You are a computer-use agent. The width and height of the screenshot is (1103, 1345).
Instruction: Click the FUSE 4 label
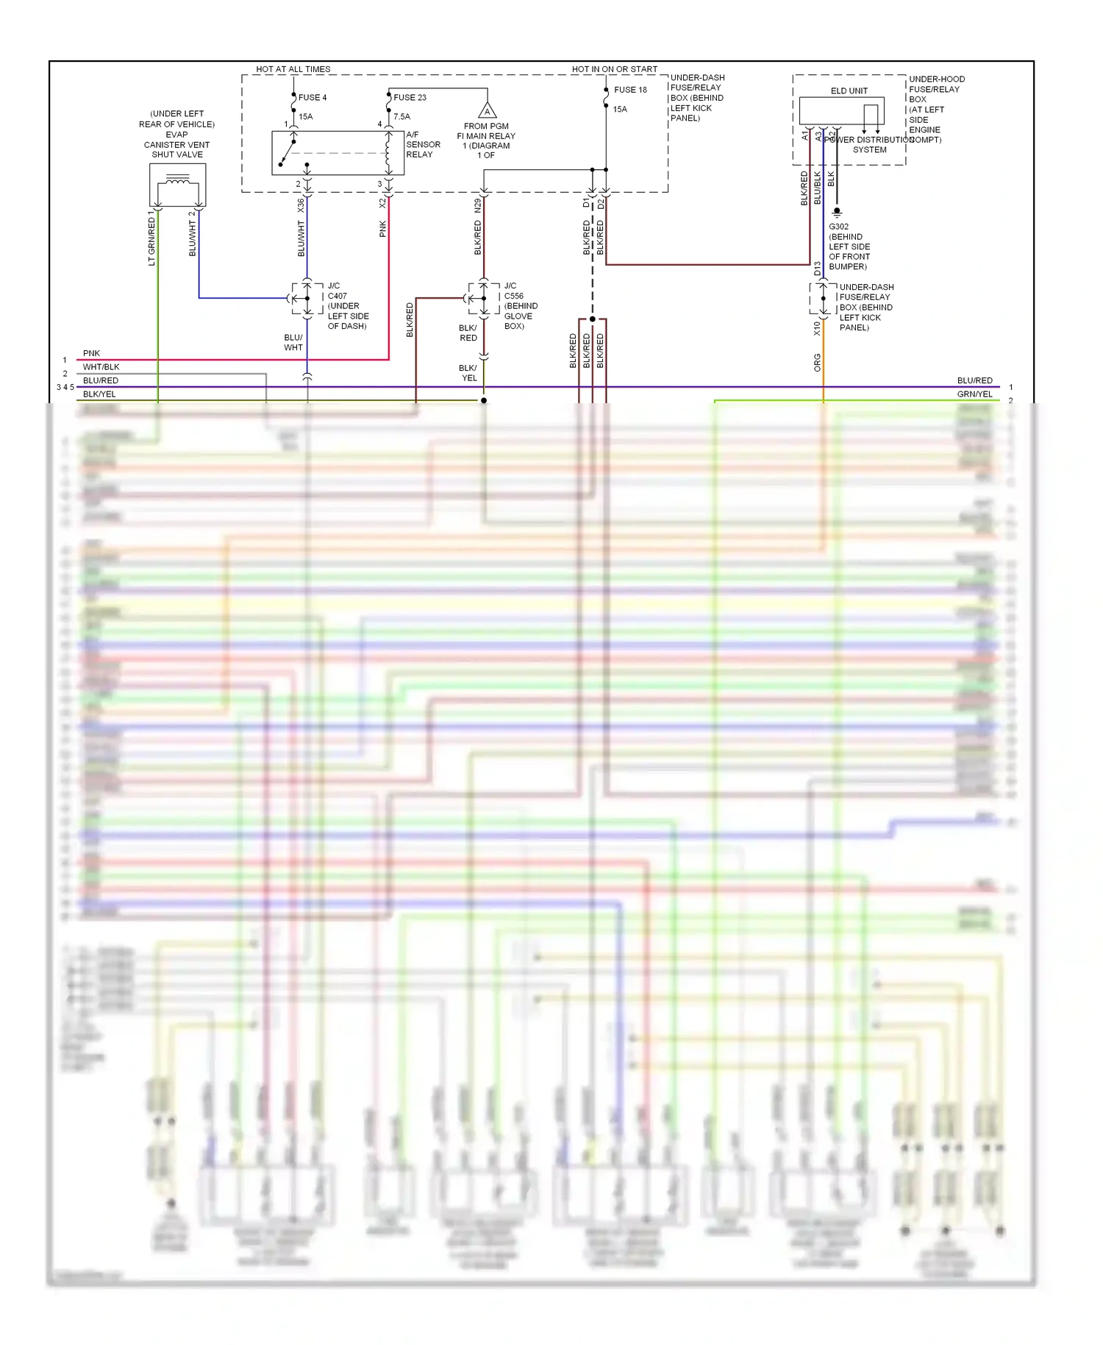pyautogui.click(x=312, y=97)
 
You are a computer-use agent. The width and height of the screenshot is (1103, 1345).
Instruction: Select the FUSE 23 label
pyautogui.click(x=410, y=97)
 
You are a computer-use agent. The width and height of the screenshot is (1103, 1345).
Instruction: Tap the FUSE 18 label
pyautogui.click(x=630, y=90)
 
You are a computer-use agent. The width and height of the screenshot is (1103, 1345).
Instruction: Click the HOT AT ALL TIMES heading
pyautogui.click(x=293, y=69)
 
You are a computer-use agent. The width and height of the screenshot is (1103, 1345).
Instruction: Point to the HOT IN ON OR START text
pyautogui.click(x=614, y=69)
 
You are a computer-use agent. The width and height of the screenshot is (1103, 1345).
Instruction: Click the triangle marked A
pyautogui.click(x=487, y=112)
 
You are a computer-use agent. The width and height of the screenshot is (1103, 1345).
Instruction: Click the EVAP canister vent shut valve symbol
pyautogui.click(x=177, y=185)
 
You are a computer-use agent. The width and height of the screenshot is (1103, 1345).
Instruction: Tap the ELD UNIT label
pyautogui.click(x=849, y=91)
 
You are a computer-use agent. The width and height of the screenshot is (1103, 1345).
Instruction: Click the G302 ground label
pyautogui.click(x=838, y=227)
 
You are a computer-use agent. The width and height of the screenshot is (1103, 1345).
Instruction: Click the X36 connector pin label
pyautogui.click(x=301, y=205)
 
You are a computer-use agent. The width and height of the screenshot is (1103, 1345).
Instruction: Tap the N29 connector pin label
pyautogui.click(x=477, y=205)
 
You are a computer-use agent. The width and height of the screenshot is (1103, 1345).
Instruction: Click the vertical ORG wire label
pyautogui.click(x=817, y=362)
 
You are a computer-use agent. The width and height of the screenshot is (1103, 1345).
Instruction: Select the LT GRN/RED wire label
pyautogui.click(x=151, y=240)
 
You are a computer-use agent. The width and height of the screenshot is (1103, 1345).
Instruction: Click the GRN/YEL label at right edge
pyautogui.click(x=974, y=394)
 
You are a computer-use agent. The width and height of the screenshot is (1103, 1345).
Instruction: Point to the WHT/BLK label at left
pyautogui.click(x=101, y=367)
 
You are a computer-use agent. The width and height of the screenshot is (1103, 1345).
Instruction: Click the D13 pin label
pyautogui.click(x=817, y=269)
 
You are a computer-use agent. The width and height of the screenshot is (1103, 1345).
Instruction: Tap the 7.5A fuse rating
pyautogui.click(x=401, y=116)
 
